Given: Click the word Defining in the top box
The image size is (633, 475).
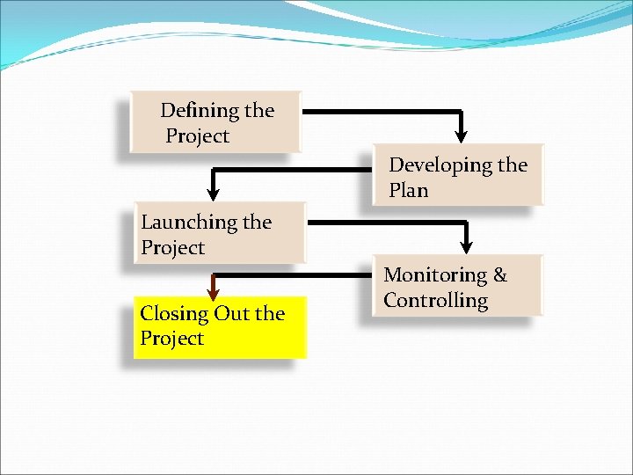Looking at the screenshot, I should point(200,111).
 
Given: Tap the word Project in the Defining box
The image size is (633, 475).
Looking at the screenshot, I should point(197,136).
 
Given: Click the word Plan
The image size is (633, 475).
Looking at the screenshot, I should point(408,190).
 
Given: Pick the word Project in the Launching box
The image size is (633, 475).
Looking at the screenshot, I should point(172,248).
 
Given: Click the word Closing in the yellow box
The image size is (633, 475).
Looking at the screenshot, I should point(173,313).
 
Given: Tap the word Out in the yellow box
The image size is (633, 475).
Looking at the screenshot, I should point(230,313).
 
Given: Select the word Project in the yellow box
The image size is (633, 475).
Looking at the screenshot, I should point(171,339).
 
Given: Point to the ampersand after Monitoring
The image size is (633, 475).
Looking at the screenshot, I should point(500,275).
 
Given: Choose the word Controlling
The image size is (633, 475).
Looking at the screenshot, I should point(435,301).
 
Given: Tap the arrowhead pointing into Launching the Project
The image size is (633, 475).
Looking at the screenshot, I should point(212,191).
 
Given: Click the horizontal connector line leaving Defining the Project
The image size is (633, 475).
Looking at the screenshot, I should point(378,112).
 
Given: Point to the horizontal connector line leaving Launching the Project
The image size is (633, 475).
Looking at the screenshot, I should point(387,223).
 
